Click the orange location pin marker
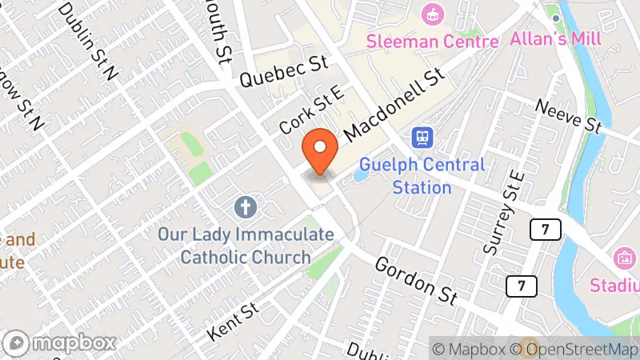[321, 152]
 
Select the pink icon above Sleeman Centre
[432, 14]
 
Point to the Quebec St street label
[283, 72]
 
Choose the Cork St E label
[312, 111]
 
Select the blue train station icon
[422, 138]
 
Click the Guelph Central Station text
[422, 176]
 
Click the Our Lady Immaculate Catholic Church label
[245, 246]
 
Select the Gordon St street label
[415, 281]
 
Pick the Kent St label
[233, 319]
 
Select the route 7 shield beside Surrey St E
[544, 230]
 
